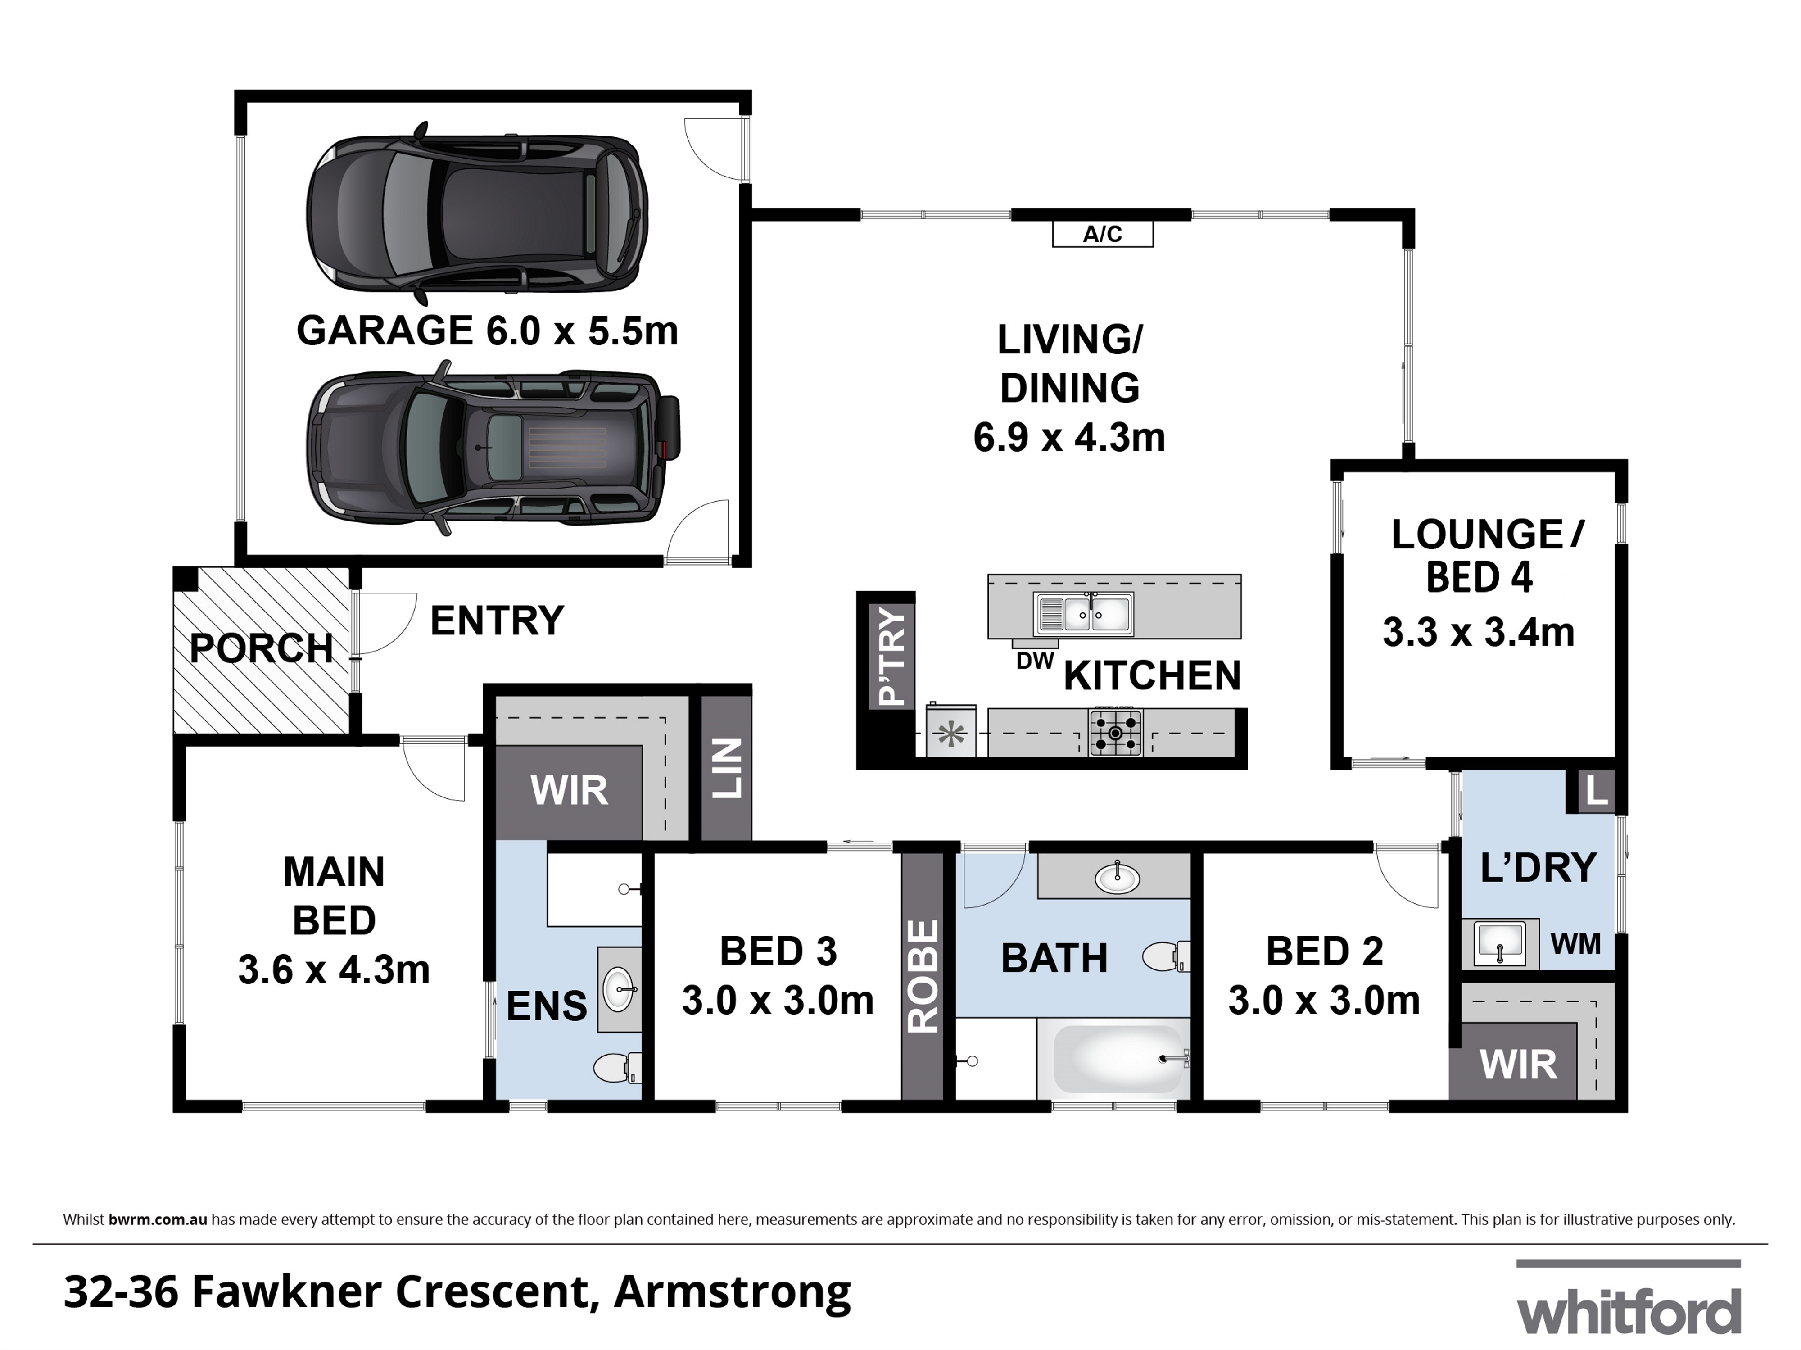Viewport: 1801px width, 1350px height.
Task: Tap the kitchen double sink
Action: click(x=1083, y=614)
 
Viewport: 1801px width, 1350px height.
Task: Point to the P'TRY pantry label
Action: click(x=892, y=656)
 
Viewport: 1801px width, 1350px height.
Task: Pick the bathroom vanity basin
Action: click(x=1117, y=878)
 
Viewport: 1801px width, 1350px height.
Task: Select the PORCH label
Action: click(x=261, y=649)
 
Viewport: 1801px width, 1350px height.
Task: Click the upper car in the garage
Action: click(x=477, y=209)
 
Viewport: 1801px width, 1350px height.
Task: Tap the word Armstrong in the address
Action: click(x=732, y=1292)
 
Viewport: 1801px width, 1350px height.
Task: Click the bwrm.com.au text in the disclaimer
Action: click(x=158, y=1220)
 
